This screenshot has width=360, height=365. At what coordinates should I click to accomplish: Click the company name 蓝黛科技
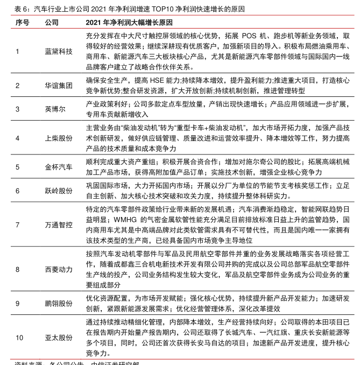pyautogui.click(x=58, y=51)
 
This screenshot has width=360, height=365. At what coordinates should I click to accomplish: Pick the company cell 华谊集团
pyautogui.click(x=58, y=85)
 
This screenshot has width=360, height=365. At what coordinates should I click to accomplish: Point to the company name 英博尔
pyautogui.click(x=55, y=109)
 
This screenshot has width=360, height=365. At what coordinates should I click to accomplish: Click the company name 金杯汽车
pyautogui.click(x=58, y=167)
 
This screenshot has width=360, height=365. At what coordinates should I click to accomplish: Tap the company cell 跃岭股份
pyautogui.click(x=58, y=191)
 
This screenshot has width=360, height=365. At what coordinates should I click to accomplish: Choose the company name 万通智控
pyautogui.click(x=58, y=224)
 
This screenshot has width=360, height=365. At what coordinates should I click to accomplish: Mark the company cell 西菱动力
pyautogui.click(x=58, y=269)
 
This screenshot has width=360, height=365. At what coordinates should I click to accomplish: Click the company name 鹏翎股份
pyautogui.click(x=58, y=303)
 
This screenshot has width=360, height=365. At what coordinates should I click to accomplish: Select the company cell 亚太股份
pyautogui.click(x=58, y=338)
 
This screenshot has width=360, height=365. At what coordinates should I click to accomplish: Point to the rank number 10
pyautogui.click(x=19, y=338)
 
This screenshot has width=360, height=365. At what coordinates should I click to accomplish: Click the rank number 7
pyautogui.click(x=17, y=224)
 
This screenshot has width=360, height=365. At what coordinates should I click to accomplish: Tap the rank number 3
pyautogui.click(x=17, y=109)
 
